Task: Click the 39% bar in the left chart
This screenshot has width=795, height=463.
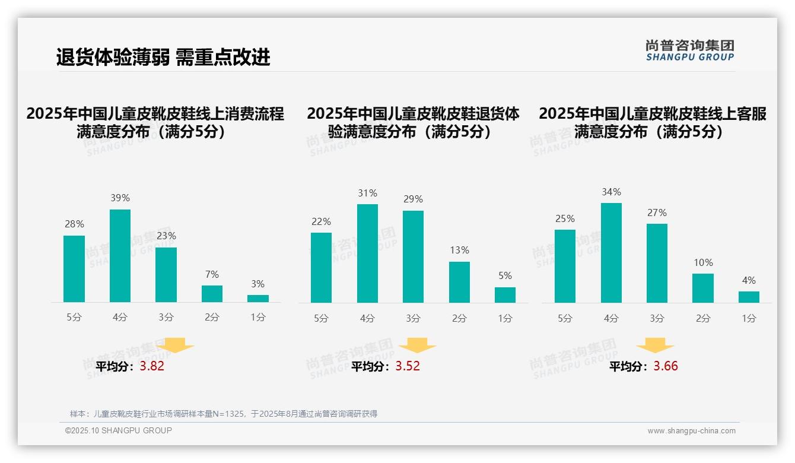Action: click(x=120, y=256)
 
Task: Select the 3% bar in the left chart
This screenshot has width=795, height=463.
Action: click(x=258, y=299)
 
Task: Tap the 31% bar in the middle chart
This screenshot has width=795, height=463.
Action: click(x=367, y=253)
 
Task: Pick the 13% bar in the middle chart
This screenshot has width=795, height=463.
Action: click(x=459, y=282)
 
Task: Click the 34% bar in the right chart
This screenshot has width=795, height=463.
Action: click(x=611, y=253)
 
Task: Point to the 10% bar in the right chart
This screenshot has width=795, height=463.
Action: click(x=703, y=288)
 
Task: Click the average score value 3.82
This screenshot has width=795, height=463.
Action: click(x=152, y=366)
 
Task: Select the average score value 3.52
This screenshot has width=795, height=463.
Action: click(x=408, y=366)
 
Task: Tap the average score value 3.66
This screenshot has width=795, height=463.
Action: click(x=666, y=366)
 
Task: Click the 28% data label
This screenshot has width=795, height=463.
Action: click(x=74, y=224)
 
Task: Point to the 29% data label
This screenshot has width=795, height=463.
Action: click(x=414, y=199)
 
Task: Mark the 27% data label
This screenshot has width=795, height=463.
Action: click(x=657, y=213)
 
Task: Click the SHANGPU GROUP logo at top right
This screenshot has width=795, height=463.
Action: click(x=690, y=50)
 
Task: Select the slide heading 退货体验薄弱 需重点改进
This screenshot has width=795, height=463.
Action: click(x=163, y=58)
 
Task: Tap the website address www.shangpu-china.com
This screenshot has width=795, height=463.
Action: click(x=691, y=431)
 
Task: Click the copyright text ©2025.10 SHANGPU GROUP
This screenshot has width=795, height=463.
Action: click(x=119, y=430)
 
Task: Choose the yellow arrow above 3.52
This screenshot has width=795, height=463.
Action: click(x=417, y=345)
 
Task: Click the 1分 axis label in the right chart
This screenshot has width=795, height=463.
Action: click(x=749, y=319)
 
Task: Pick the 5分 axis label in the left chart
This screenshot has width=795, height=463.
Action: click(x=74, y=318)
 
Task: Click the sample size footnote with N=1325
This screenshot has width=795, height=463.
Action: click(x=224, y=414)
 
